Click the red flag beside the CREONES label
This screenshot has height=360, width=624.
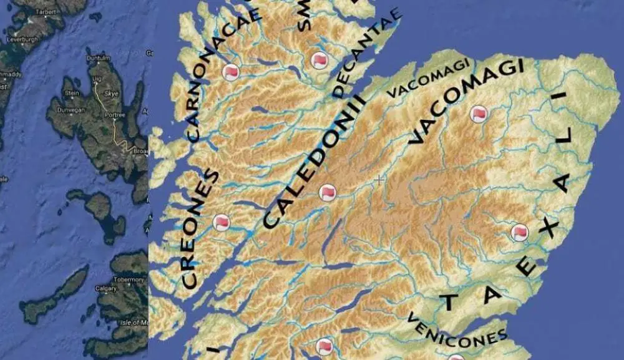[x=222, y=222]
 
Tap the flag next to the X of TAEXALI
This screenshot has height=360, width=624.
[x=519, y=233]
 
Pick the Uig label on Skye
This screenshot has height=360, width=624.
[x=96, y=79]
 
